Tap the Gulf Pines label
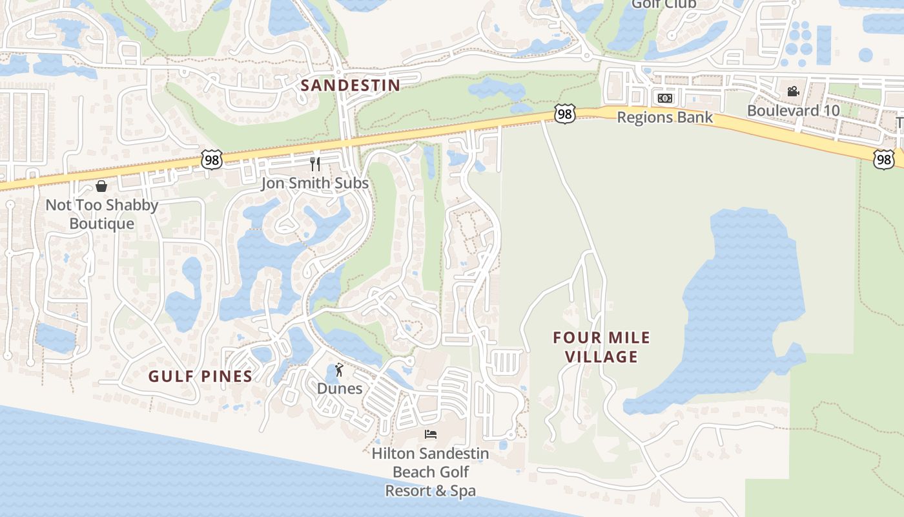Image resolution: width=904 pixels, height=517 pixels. coord(200,376)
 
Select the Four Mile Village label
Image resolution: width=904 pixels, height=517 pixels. coord(602,347)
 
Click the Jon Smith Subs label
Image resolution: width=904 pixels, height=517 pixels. coord(315,184)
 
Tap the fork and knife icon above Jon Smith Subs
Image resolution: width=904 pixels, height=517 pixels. coord(315,164)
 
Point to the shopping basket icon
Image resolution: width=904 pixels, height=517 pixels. coord(101,187)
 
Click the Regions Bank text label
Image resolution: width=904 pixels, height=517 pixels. coord(665,118)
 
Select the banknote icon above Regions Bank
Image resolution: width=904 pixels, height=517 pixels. coord(665,98)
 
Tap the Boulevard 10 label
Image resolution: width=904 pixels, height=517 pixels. coord(794,111)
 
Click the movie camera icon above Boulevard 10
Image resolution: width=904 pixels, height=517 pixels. coord(793,91)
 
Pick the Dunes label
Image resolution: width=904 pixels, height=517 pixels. coord(340,388)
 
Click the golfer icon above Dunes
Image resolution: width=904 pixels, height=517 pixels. coord(340,370)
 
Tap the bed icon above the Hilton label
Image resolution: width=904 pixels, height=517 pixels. coord(431,434)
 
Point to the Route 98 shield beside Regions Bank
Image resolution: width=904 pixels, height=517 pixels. coord(564,114)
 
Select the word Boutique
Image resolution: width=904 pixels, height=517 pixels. coord(102,224)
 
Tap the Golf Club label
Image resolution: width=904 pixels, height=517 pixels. coord(664,5)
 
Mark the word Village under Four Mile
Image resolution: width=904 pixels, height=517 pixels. coord(602,357)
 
